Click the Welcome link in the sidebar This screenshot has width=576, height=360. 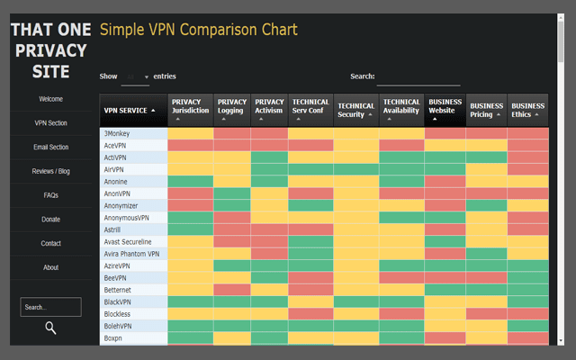coord(50,99)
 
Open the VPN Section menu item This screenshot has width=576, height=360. coord(50,123)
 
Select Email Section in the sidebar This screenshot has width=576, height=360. coord(50,148)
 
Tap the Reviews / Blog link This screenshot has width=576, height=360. coord(50,171)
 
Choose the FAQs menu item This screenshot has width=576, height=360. coord(50,195)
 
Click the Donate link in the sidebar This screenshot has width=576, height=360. coord(50,220)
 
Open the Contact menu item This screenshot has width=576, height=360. coord(50,243)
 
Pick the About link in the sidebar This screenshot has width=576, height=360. coord(50,267)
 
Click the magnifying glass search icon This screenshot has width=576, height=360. coord(50,328)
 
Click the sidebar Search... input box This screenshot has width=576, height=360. coord(50,307)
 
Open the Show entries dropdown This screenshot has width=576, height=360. coord(135,77)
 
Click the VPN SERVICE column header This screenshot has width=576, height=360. coord(132,110)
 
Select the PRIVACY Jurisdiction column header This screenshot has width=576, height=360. coord(189,110)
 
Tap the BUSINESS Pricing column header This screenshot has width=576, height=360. coord(487,110)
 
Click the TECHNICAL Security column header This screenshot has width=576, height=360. coord(355,110)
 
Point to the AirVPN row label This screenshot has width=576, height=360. coord(114,169)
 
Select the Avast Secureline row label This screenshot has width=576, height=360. coord(128,242)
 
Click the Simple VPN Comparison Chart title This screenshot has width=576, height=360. coord(199,30)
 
